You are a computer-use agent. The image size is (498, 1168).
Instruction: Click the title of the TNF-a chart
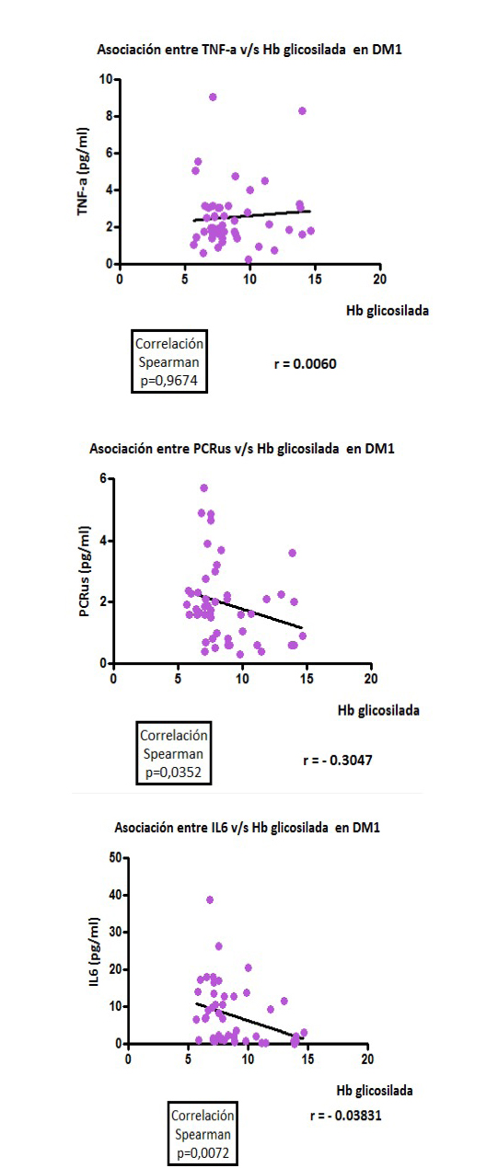coord(249,50)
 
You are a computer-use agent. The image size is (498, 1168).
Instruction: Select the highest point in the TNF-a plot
coord(213,97)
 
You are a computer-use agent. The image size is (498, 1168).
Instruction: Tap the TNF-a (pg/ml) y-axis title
coord(83,171)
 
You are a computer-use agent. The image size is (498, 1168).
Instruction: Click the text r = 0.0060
coord(306,364)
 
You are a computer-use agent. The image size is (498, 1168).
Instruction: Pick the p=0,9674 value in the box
coord(169,381)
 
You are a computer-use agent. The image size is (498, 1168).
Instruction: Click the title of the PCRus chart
coord(242,449)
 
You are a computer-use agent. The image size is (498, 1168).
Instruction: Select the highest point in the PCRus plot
coord(204,488)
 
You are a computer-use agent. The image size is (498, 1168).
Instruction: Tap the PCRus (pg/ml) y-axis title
coord(85,571)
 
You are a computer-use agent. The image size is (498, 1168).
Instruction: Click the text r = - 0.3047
coord(338,761)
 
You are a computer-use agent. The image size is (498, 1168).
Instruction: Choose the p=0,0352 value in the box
coord(173,773)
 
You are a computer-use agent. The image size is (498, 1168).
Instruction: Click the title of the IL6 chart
coord(248,828)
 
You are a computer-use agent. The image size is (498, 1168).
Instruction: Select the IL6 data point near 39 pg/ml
coord(210,900)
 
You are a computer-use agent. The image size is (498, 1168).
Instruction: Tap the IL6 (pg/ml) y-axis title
coord(95,953)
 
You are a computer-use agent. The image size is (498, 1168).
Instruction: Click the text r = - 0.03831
coord(346,1116)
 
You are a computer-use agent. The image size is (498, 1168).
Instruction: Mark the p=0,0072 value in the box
coord(203,1153)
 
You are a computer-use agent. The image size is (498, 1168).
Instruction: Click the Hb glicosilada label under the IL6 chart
coord(375,1091)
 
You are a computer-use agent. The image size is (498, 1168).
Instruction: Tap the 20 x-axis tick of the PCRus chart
coord(371,679)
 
